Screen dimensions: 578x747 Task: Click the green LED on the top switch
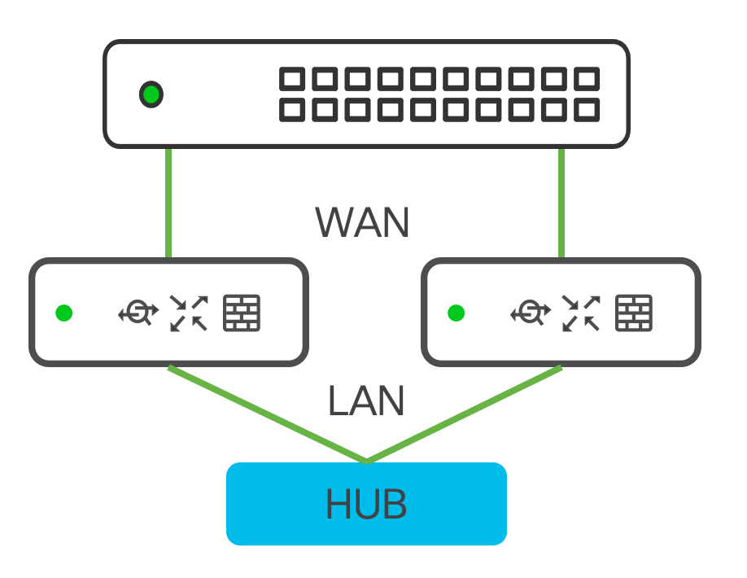click(x=151, y=94)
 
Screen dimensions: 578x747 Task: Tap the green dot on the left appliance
click(x=64, y=313)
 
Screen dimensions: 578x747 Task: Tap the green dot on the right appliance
click(x=456, y=313)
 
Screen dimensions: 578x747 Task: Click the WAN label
click(x=362, y=222)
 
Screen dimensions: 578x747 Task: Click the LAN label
click(x=366, y=401)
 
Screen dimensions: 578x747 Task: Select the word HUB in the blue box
click(x=366, y=505)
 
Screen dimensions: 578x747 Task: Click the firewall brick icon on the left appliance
click(x=242, y=313)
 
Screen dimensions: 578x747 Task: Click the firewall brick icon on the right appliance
click(x=634, y=313)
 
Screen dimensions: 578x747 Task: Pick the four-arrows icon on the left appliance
click(x=189, y=313)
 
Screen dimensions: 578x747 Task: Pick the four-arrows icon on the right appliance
click(x=581, y=313)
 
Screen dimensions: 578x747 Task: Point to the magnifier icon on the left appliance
click(x=138, y=313)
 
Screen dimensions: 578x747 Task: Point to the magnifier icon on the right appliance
click(x=531, y=313)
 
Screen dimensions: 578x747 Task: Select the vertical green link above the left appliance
click(x=168, y=204)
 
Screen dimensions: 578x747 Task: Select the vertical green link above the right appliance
click(x=561, y=204)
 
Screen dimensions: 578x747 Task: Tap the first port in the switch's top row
click(x=292, y=80)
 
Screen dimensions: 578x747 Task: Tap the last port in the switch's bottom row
click(x=586, y=110)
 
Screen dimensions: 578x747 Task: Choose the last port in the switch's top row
click(x=586, y=80)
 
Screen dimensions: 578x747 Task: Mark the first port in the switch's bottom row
click(x=292, y=110)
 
